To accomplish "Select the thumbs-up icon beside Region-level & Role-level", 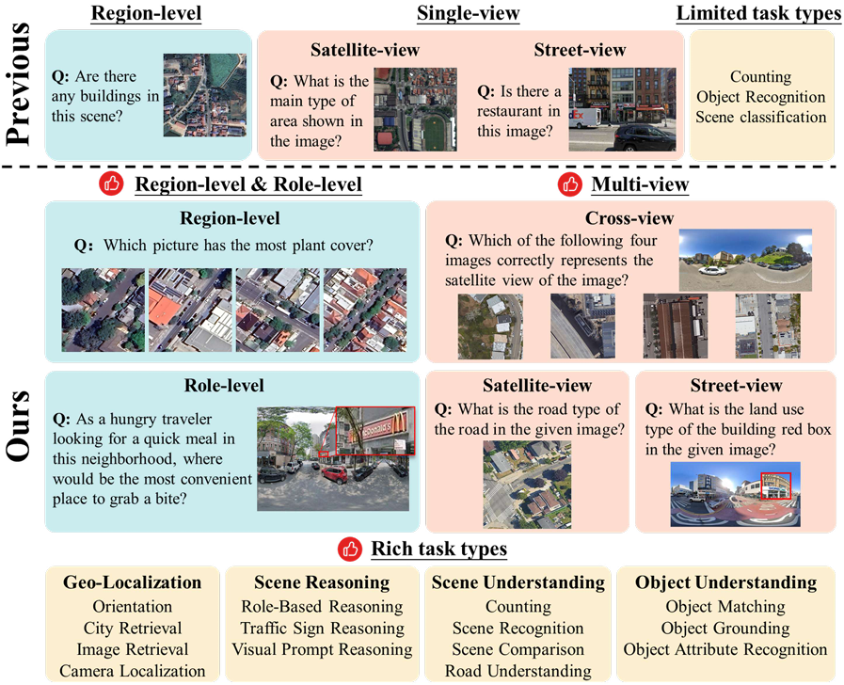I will (x=111, y=183).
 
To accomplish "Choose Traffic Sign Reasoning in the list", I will (x=323, y=628).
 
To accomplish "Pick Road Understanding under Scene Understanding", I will (x=518, y=671).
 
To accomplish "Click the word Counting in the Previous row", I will (x=760, y=77).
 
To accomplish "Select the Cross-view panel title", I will (x=629, y=218).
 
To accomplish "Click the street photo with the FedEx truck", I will (x=623, y=108).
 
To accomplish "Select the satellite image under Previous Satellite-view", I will (x=415, y=108).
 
